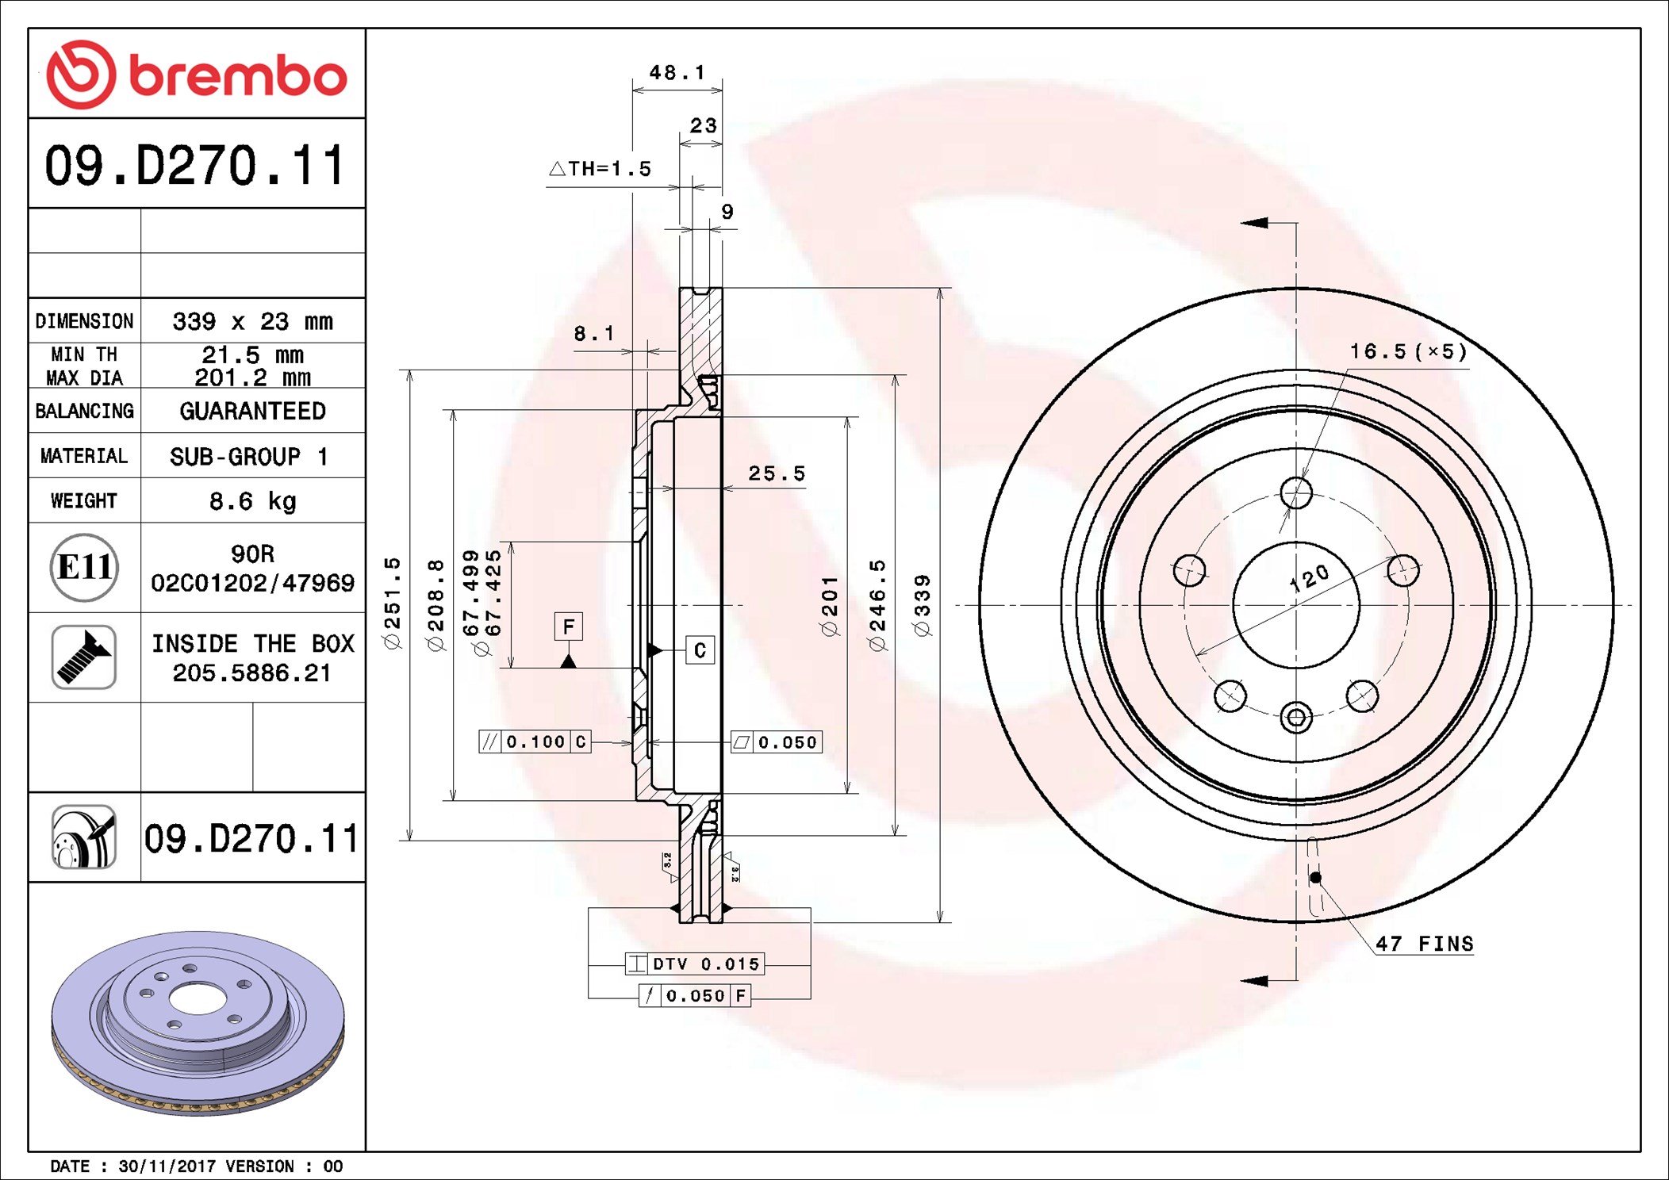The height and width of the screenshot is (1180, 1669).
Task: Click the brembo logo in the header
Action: tap(197, 75)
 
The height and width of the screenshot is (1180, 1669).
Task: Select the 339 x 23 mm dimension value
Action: tap(252, 321)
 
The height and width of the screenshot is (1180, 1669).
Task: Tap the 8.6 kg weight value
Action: tap(252, 501)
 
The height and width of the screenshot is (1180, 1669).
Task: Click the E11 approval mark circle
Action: tap(84, 567)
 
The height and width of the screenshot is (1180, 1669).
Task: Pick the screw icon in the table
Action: tap(84, 657)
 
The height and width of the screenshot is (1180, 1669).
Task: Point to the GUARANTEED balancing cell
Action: tap(252, 411)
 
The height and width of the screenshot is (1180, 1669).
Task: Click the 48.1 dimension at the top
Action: tap(677, 72)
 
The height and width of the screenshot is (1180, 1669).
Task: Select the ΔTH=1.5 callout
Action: tap(600, 169)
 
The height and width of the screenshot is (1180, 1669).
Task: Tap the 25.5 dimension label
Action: tap(777, 473)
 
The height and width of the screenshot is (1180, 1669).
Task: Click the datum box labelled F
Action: tap(568, 626)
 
